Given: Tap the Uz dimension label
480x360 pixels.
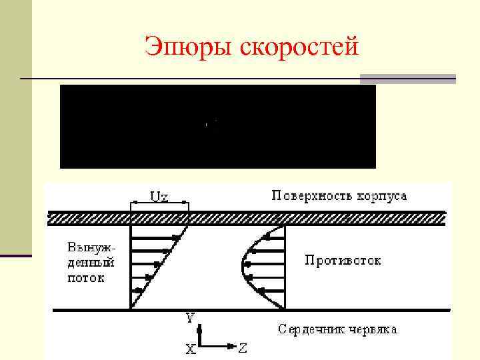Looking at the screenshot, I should pos(159,196).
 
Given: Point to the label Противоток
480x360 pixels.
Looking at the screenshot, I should pos(343,260).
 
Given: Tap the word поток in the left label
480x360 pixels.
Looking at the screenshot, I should pos(85,278).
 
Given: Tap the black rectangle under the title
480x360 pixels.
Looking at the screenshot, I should pos(218,127).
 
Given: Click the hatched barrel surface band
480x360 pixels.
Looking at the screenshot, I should pos(247,218).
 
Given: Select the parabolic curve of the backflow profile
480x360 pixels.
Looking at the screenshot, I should pos(244,267).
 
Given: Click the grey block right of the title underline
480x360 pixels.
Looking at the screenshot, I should pos(407,79).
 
